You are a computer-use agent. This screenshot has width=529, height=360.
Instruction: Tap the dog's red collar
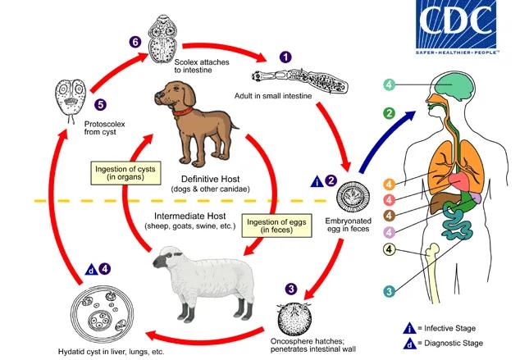[x=185, y=108]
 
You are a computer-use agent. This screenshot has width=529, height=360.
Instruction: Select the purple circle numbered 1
[x=285, y=57]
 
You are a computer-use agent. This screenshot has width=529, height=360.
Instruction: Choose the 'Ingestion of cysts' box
[x=125, y=173]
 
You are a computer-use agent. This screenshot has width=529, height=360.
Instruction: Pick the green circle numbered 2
[x=390, y=112]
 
